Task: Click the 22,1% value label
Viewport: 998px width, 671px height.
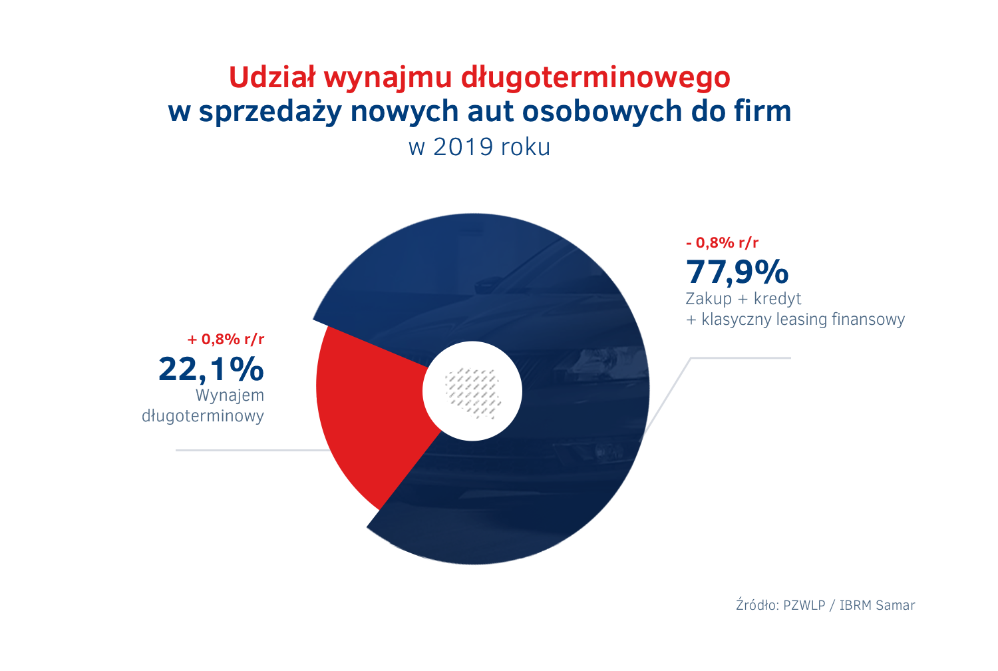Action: pos(211,369)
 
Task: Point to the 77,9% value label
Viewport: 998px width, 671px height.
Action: pos(737,272)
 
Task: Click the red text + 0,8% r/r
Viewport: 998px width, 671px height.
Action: pos(226,339)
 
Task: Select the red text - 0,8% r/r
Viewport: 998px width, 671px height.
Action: pos(722,243)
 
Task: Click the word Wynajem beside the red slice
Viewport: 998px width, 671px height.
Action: pos(230,395)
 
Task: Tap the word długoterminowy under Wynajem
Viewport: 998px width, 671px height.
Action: pos(203,416)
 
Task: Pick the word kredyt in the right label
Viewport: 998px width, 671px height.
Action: pos(777,299)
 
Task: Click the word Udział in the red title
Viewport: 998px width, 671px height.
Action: pos(271,78)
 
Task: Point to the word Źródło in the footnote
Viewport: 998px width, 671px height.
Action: pos(756,605)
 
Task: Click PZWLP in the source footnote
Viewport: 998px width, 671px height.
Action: pos(804,605)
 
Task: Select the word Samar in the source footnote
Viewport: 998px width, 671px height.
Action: pos(895,605)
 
